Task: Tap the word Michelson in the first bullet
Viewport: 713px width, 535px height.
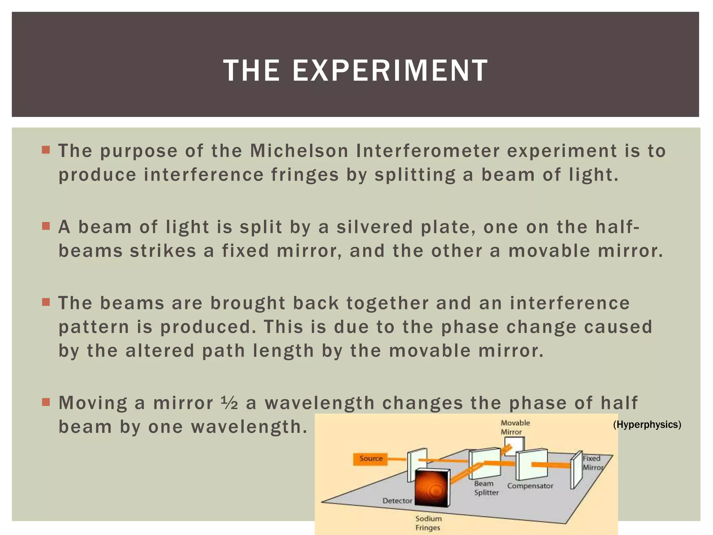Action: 299,151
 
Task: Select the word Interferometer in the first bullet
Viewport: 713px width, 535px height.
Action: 428,151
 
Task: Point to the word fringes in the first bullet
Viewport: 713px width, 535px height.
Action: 305,175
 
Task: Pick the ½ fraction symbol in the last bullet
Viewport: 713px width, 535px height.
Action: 229,403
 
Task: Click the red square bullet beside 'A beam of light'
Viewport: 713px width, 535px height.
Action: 46,226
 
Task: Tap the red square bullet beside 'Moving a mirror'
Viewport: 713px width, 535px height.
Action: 46,402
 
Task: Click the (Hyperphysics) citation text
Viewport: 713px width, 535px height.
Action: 647,424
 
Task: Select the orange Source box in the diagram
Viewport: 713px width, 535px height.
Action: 371,458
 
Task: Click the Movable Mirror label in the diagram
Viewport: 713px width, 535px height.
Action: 515,427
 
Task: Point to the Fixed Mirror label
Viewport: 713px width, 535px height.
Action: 593,463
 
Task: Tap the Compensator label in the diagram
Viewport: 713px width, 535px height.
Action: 530,486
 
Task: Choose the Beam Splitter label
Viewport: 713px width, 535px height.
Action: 486,488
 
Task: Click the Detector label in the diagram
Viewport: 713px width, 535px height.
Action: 397,501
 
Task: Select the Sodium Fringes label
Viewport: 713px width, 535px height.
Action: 428,523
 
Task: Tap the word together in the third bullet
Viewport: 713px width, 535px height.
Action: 387,303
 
